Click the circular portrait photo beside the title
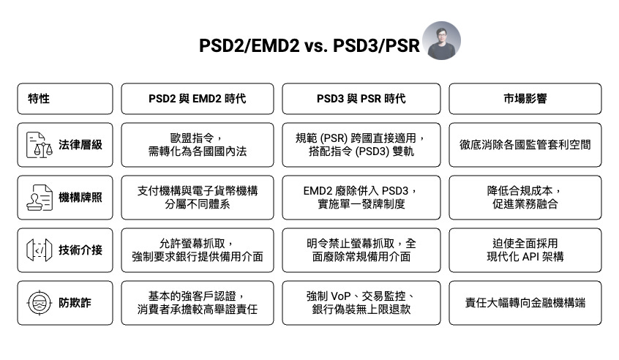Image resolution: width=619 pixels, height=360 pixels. click(442, 40)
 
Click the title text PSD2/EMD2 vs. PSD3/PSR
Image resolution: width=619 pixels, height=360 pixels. click(309, 45)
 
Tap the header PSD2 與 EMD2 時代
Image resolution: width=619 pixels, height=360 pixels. click(197, 99)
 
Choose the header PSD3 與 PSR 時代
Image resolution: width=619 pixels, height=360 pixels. click(361, 99)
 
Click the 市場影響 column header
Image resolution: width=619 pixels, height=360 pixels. click(525, 99)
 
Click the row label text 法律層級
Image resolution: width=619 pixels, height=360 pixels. click(80, 145)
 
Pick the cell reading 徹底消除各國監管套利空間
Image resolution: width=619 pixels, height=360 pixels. click(525, 145)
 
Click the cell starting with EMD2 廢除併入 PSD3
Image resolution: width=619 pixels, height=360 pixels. click(361, 198)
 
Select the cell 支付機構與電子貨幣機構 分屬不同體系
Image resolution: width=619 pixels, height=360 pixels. click(197, 198)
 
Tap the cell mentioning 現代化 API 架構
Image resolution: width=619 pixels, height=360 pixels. click(525, 250)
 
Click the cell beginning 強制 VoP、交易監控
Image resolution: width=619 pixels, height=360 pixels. click(361, 303)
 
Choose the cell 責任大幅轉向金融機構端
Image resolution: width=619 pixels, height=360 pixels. click(525, 303)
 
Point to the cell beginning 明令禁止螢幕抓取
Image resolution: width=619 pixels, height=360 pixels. click(361, 250)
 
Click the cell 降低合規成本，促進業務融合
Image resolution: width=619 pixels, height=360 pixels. click(525, 198)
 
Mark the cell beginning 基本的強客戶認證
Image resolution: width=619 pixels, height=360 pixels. click(197, 303)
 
